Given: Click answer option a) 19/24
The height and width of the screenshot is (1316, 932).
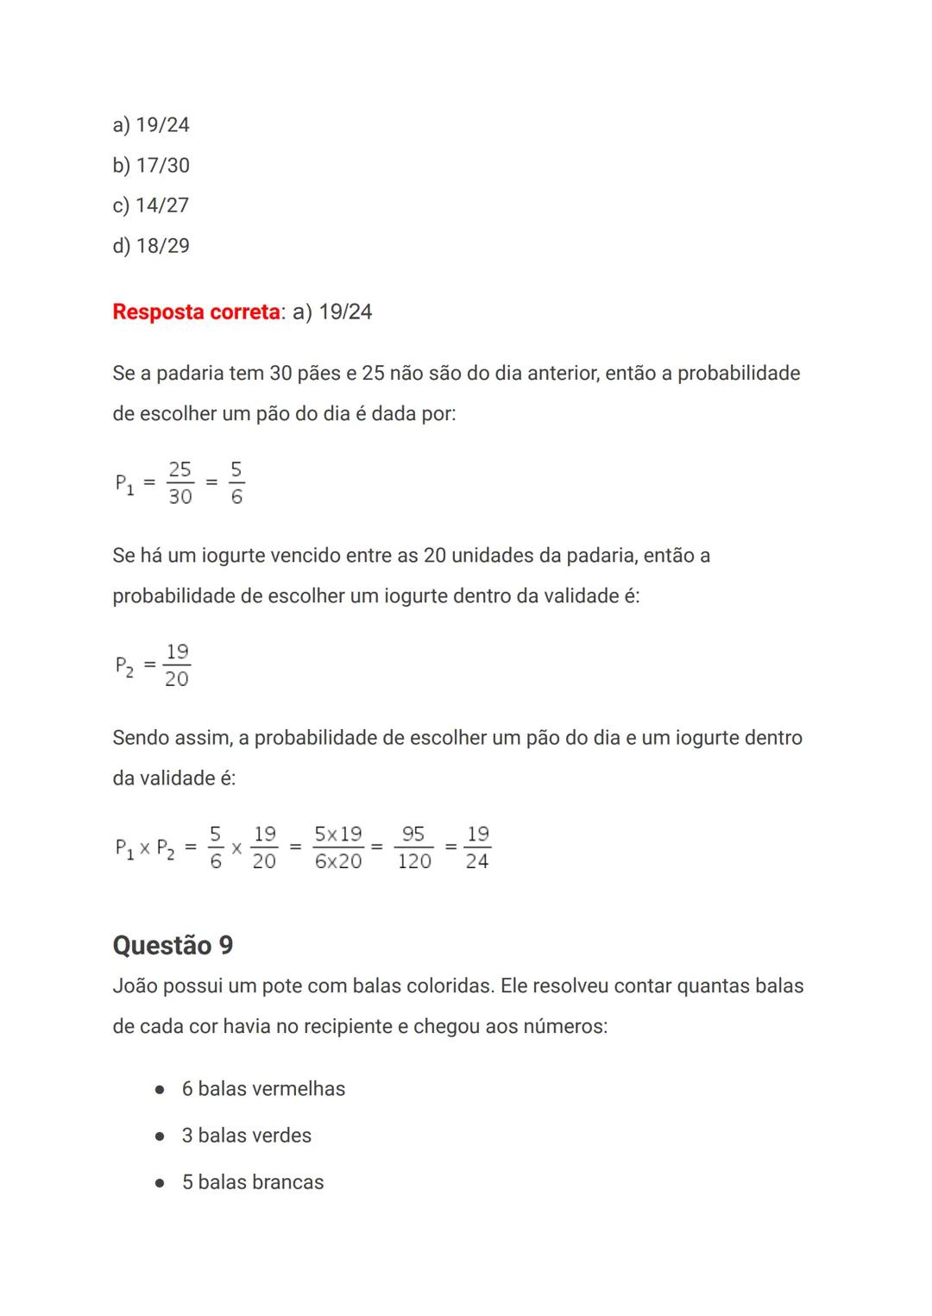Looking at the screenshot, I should [151, 125].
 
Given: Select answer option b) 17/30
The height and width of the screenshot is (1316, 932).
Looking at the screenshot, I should [151, 165].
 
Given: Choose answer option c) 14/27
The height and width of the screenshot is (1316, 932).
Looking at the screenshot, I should [150, 205].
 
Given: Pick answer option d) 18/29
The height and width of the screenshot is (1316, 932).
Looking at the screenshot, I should [151, 246].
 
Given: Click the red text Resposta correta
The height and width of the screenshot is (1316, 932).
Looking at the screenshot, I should [197, 312].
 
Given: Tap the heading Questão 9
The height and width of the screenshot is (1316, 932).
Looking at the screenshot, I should [173, 945].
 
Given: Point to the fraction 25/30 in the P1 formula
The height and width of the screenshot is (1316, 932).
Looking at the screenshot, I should [179, 483].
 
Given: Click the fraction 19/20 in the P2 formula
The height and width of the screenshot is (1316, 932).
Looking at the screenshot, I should [177, 665].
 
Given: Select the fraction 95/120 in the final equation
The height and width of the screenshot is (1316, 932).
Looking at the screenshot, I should [414, 847].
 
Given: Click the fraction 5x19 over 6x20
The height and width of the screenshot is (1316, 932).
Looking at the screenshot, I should [338, 847].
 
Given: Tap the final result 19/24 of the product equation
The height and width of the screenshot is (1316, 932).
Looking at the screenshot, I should [477, 847].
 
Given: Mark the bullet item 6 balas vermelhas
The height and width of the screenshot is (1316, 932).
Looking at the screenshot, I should [263, 1089].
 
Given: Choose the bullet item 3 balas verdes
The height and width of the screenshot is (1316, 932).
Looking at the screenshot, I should [246, 1136].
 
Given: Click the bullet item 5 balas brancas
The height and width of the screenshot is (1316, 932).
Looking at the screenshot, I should [253, 1182].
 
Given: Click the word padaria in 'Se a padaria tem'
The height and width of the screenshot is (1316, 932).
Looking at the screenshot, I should [189, 374].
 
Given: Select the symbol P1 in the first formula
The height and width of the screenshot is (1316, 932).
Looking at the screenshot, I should [124, 483].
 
